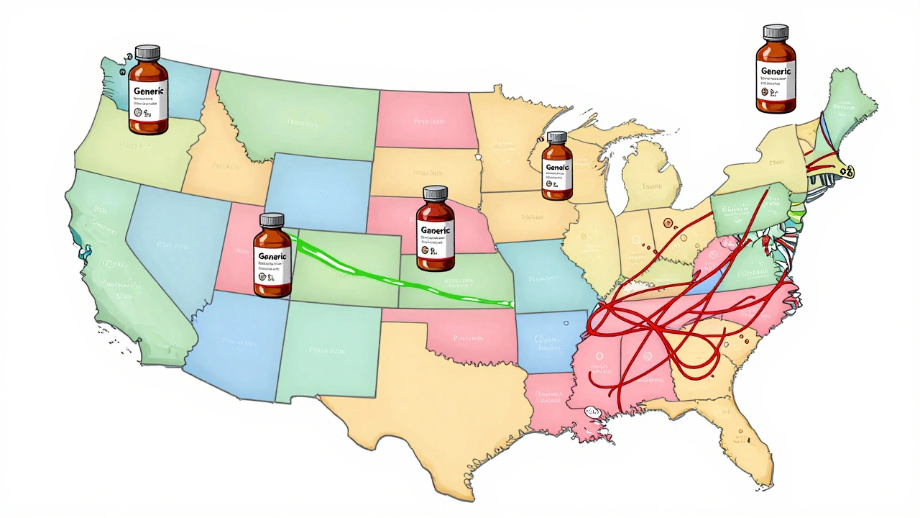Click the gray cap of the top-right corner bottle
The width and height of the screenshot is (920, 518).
(x=776, y=32)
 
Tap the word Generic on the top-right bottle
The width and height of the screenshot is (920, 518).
(x=776, y=71)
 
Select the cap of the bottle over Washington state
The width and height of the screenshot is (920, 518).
(x=147, y=53)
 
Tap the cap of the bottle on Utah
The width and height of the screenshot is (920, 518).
(x=272, y=220)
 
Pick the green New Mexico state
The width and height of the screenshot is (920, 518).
(x=327, y=353)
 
